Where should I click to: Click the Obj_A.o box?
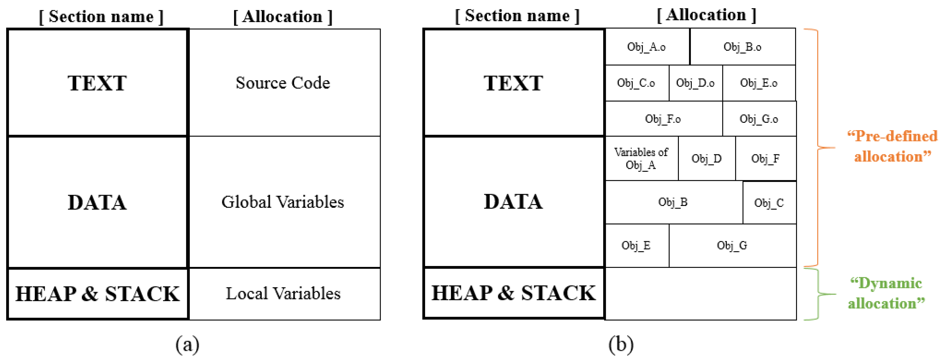pyautogui.click(x=647, y=47)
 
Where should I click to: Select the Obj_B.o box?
pyautogui.click(x=742, y=47)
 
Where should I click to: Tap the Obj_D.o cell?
pyautogui.click(x=696, y=83)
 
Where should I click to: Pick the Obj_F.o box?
pyautogui.click(x=663, y=119)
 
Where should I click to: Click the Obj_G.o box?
pyautogui.click(x=759, y=119)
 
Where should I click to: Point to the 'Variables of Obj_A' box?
pyautogui.click(x=641, y=158)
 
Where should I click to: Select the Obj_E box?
pyautogui.click(x=636, y=245)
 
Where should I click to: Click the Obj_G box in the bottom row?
pyautogui.click(x=732, y=245)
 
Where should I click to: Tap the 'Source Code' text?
pyautogui.click(x=283, y=82)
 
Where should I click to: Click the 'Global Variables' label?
pyautogui.click(x=283, y=202)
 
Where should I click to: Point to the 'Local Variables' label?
pyautogui.click(x=283, y=294)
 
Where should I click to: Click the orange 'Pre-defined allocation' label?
pyautogui.click(x=892, y=146)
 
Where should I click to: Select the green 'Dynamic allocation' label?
pyautogui.click(x=886, y=293)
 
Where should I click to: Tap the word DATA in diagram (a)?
pyautogui.click(x=97, y=202)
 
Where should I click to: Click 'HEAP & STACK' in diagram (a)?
pyautogui.click(x=97, y=294)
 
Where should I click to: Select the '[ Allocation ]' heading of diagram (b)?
pyautogui.click(x=706, y=15)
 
